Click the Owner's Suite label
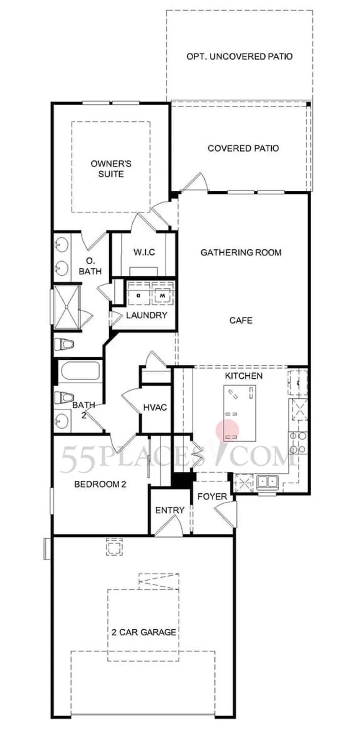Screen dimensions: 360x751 pyautogui.click(x=111, y=169)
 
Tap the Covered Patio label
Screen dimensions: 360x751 pyautogui.click(x=243, y=148)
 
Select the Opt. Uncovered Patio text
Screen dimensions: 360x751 pyautogui.click(x=239, y=56)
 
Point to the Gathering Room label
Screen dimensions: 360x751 pyautogui.click(x=241, y=252)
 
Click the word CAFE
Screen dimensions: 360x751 pyautogui.click(x=241, y=320)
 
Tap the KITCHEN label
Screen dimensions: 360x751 pyautogui.click(x=244, y=376)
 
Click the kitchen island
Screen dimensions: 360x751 pyautogui.click(x=240, y=413)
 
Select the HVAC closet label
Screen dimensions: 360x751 pyautogui.click(x=155, y=408)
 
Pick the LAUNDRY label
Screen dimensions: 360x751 pyautogui.click(x=147, y=315)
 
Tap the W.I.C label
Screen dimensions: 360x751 pyautogui.click(x=144, y=252)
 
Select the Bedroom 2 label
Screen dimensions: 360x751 pyautogui.click(x=100, y=484)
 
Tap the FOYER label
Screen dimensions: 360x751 pyautogui.click(x=212, y=497)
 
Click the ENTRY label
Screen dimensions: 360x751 pyautogui.click(x=170, y=510)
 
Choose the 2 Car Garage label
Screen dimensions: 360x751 pyautogui.click(x=144, y=632)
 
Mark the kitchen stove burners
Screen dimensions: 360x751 pyautogui.click(x=297, y=443)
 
